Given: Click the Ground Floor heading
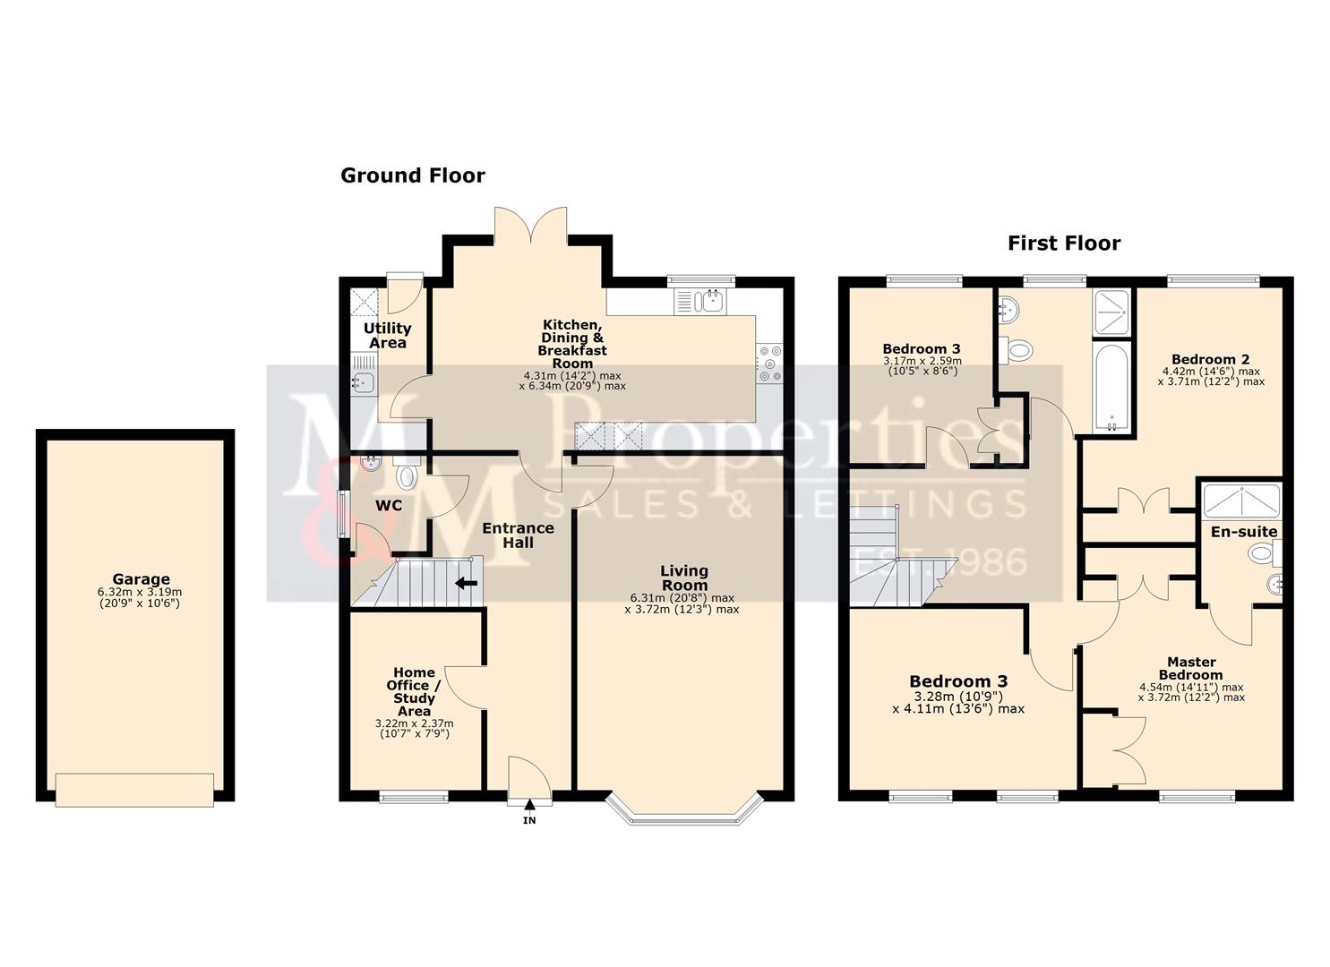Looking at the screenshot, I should [x=412, y=175].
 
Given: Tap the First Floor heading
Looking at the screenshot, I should [x=1063, y=243].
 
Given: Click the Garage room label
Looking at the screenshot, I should [x=141, y=579].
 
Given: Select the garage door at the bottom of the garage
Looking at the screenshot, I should [x=134, y=789].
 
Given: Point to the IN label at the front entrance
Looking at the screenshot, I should [x=529, y=820].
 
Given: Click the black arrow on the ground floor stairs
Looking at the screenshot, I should [x=466, y=584].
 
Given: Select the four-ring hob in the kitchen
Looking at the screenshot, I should [x=770, y=364].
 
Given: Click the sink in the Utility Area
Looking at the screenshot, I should [x=363, y=383].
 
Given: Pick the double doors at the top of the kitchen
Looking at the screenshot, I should [x=530, y=224].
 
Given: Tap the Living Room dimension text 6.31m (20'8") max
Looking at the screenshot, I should [x=683, y=598].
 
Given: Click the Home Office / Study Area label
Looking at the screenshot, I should [x=414, y=691].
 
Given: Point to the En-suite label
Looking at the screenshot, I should [x=1243, y=532].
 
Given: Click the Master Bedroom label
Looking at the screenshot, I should [x=1190, y=669].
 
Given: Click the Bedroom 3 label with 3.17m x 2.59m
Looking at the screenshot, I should [x=921, y=349].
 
